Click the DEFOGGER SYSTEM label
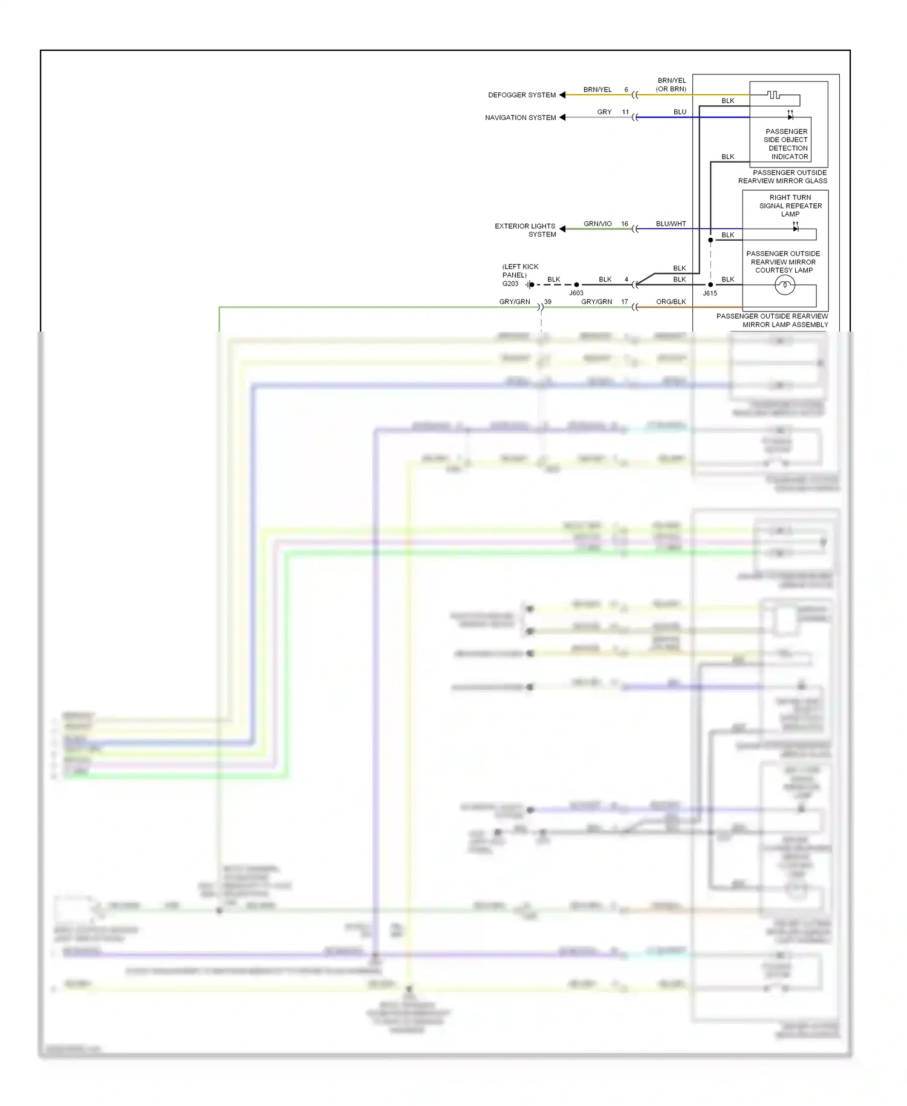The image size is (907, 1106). coord(521,95)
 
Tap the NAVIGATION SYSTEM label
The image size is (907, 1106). coord(520,117)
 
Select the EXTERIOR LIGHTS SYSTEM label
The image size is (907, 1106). coord(525,230)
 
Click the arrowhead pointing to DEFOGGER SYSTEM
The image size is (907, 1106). coord(562,95)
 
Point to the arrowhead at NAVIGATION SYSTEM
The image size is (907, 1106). coord(562,117)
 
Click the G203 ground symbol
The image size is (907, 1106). coord(529,284)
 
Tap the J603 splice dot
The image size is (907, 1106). coord(576,284)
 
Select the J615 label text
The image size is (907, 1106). coord(710,293)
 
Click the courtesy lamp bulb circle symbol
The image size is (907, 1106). coord(784,284)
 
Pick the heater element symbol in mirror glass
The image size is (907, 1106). coord(773,95)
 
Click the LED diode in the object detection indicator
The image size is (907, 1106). coord(790,117)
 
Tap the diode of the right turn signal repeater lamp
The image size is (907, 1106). coord(795,229)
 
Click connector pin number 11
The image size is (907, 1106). coord(625,112)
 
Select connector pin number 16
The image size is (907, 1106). coord(625,224)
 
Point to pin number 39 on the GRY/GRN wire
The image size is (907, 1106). coord(548,301)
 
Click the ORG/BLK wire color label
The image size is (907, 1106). coord(671,301)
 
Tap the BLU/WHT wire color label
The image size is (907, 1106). coord(671,224)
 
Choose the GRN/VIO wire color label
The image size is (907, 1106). coord(597,224)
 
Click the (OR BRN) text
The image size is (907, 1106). coord(671,89)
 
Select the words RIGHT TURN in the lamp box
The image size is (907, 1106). coord(790,197)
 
